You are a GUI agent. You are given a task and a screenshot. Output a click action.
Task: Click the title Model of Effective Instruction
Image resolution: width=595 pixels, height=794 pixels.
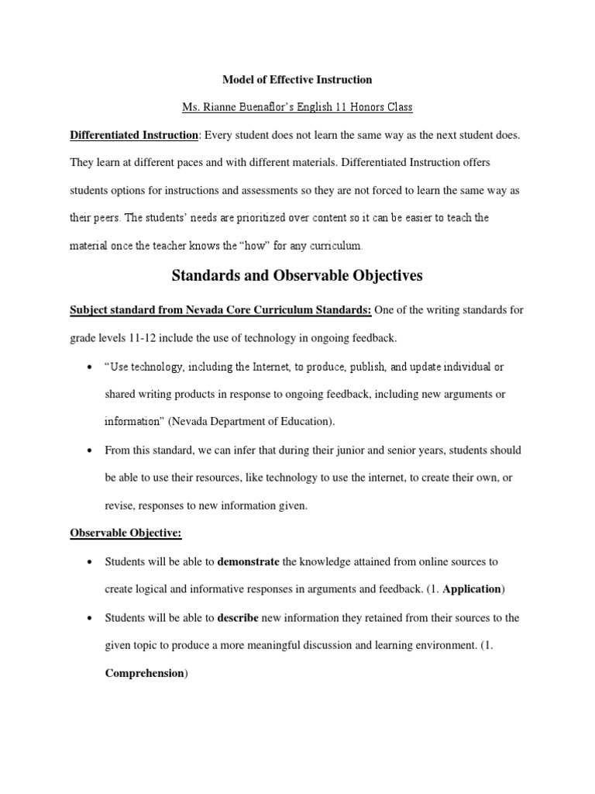[297, 79]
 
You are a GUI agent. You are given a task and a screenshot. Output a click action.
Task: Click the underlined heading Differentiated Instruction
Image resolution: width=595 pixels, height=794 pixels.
[134, 135]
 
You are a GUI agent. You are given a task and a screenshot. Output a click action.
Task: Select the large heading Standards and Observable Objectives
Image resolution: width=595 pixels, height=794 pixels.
[297, 275]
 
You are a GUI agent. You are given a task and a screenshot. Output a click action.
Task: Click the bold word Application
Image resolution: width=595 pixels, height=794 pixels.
[471, 589]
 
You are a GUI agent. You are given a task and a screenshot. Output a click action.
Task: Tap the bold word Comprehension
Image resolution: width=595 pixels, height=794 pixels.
[144, 673]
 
